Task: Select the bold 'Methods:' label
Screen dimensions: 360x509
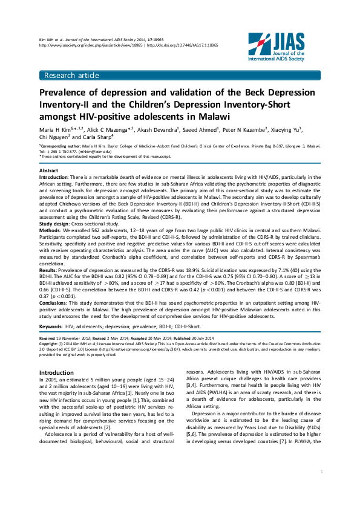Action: (51, 230)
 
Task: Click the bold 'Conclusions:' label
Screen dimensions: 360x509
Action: (55, 301)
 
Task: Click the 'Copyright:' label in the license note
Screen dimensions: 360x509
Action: (50, 343)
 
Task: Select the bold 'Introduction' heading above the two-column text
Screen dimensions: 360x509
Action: (56, 372)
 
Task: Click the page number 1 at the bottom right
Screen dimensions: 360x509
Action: (321, 487)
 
